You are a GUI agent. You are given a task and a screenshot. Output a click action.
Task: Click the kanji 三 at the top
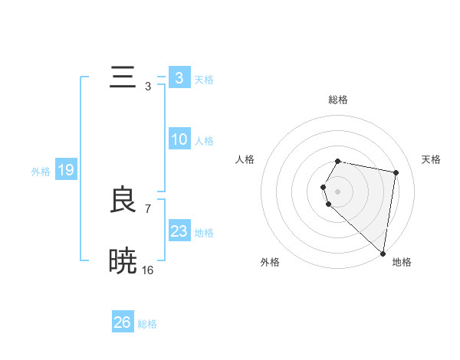(x=123, y=78)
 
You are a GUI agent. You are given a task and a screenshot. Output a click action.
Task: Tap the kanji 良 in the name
(x=123, y=201)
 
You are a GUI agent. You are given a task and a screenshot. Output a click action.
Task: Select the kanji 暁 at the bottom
(x=123, y=261)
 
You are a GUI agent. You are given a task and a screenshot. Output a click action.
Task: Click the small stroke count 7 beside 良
(x=148, y=208)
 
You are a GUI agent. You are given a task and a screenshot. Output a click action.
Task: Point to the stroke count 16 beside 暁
(x=148, y=270)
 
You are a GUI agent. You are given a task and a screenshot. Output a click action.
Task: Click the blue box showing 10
(x=179, y=139)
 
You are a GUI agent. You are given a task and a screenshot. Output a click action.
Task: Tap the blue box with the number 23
(x=179, y=231)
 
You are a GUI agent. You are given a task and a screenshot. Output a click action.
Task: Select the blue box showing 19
(x=66, y=170)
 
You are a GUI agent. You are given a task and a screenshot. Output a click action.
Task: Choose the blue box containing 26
(x=123, y=322)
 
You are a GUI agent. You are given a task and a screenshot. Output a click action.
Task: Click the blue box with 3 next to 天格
(x=179, y=78)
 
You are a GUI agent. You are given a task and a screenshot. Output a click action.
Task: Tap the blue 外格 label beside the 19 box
(x=41, y=172)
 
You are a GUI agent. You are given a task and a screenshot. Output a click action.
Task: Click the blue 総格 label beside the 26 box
(x=148, y=324)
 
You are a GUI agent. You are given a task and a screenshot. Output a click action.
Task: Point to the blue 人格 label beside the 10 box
(x=205, y=141)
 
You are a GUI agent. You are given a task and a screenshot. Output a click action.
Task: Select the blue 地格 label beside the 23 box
(x=205, y=233)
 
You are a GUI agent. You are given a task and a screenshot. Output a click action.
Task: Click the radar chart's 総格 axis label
(x=338, y=100)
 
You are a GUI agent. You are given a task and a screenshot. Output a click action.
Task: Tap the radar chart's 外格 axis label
(x=270, y=262)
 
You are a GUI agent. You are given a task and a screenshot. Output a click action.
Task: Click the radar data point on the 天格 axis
(x=396, y=172)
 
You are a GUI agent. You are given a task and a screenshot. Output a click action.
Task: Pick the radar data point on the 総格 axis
(x=338, y=161)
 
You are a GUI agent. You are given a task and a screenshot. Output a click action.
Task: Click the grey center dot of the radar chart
(x=338, y=191)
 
